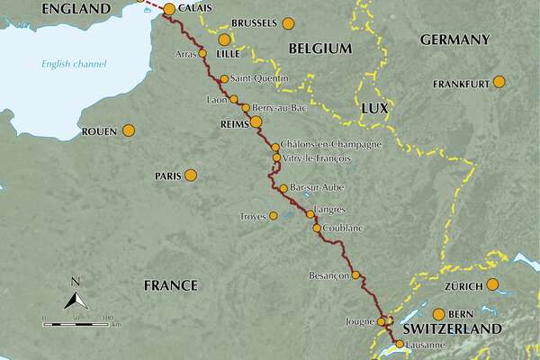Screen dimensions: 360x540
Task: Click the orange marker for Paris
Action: [x=190, y=175]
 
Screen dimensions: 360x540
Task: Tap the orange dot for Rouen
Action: [x=129, y=130]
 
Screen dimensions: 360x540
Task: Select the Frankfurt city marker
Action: [x=499, y=83]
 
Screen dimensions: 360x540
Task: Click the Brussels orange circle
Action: [x=287, y=22]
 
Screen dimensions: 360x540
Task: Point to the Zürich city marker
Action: [x=492, y=286]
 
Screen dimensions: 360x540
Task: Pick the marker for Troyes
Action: [x=274, y=216]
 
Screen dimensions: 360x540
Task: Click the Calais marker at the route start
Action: [x=168, y=8]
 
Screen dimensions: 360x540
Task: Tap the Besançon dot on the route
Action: [x=355, y=275]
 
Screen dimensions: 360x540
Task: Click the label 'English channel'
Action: [x=74, y=64]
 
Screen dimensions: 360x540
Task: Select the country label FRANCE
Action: [x=170, y=285]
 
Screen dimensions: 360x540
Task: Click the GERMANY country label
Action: [x=454, y=40]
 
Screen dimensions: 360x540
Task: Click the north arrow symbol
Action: [x=76, y=298]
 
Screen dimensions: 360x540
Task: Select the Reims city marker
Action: [x=256, y=122]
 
